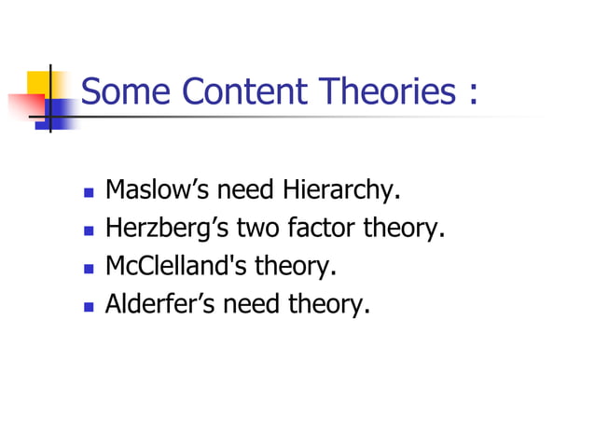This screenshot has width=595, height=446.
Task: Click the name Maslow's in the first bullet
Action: tap(158, 191)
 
